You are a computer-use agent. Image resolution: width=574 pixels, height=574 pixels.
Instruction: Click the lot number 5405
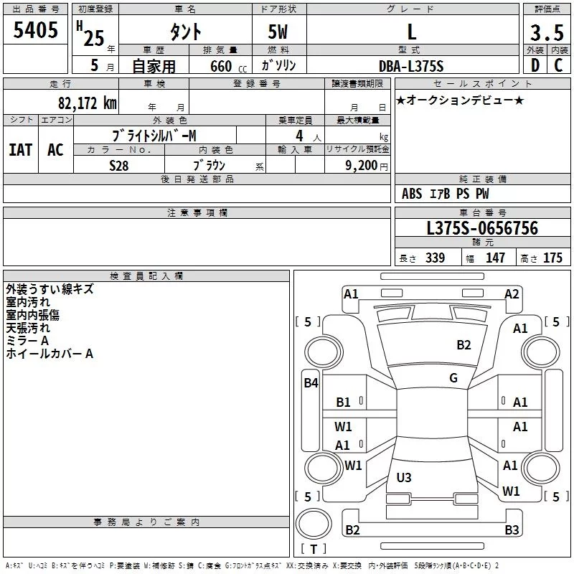click(x=35, y=30)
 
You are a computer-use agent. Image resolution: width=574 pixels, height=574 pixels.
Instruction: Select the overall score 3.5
click(x=547, y=32)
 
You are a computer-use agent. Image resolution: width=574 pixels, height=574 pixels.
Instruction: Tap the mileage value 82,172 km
click(x=87, y=103)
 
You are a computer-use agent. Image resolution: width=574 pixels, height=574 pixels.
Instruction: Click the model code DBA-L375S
click(x=411, y=66)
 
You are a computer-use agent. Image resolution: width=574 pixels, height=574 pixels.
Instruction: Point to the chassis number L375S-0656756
click(x=482, y=228)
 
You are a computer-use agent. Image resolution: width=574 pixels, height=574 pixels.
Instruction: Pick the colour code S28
click(x=119, y=166)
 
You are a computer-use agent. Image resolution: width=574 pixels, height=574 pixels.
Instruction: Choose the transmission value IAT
click(x=21, y=150)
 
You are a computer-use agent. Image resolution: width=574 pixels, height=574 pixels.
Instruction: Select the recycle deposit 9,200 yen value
click(x=366, y=166)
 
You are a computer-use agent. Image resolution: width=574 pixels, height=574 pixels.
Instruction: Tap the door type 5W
click(x=278, y=32)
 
